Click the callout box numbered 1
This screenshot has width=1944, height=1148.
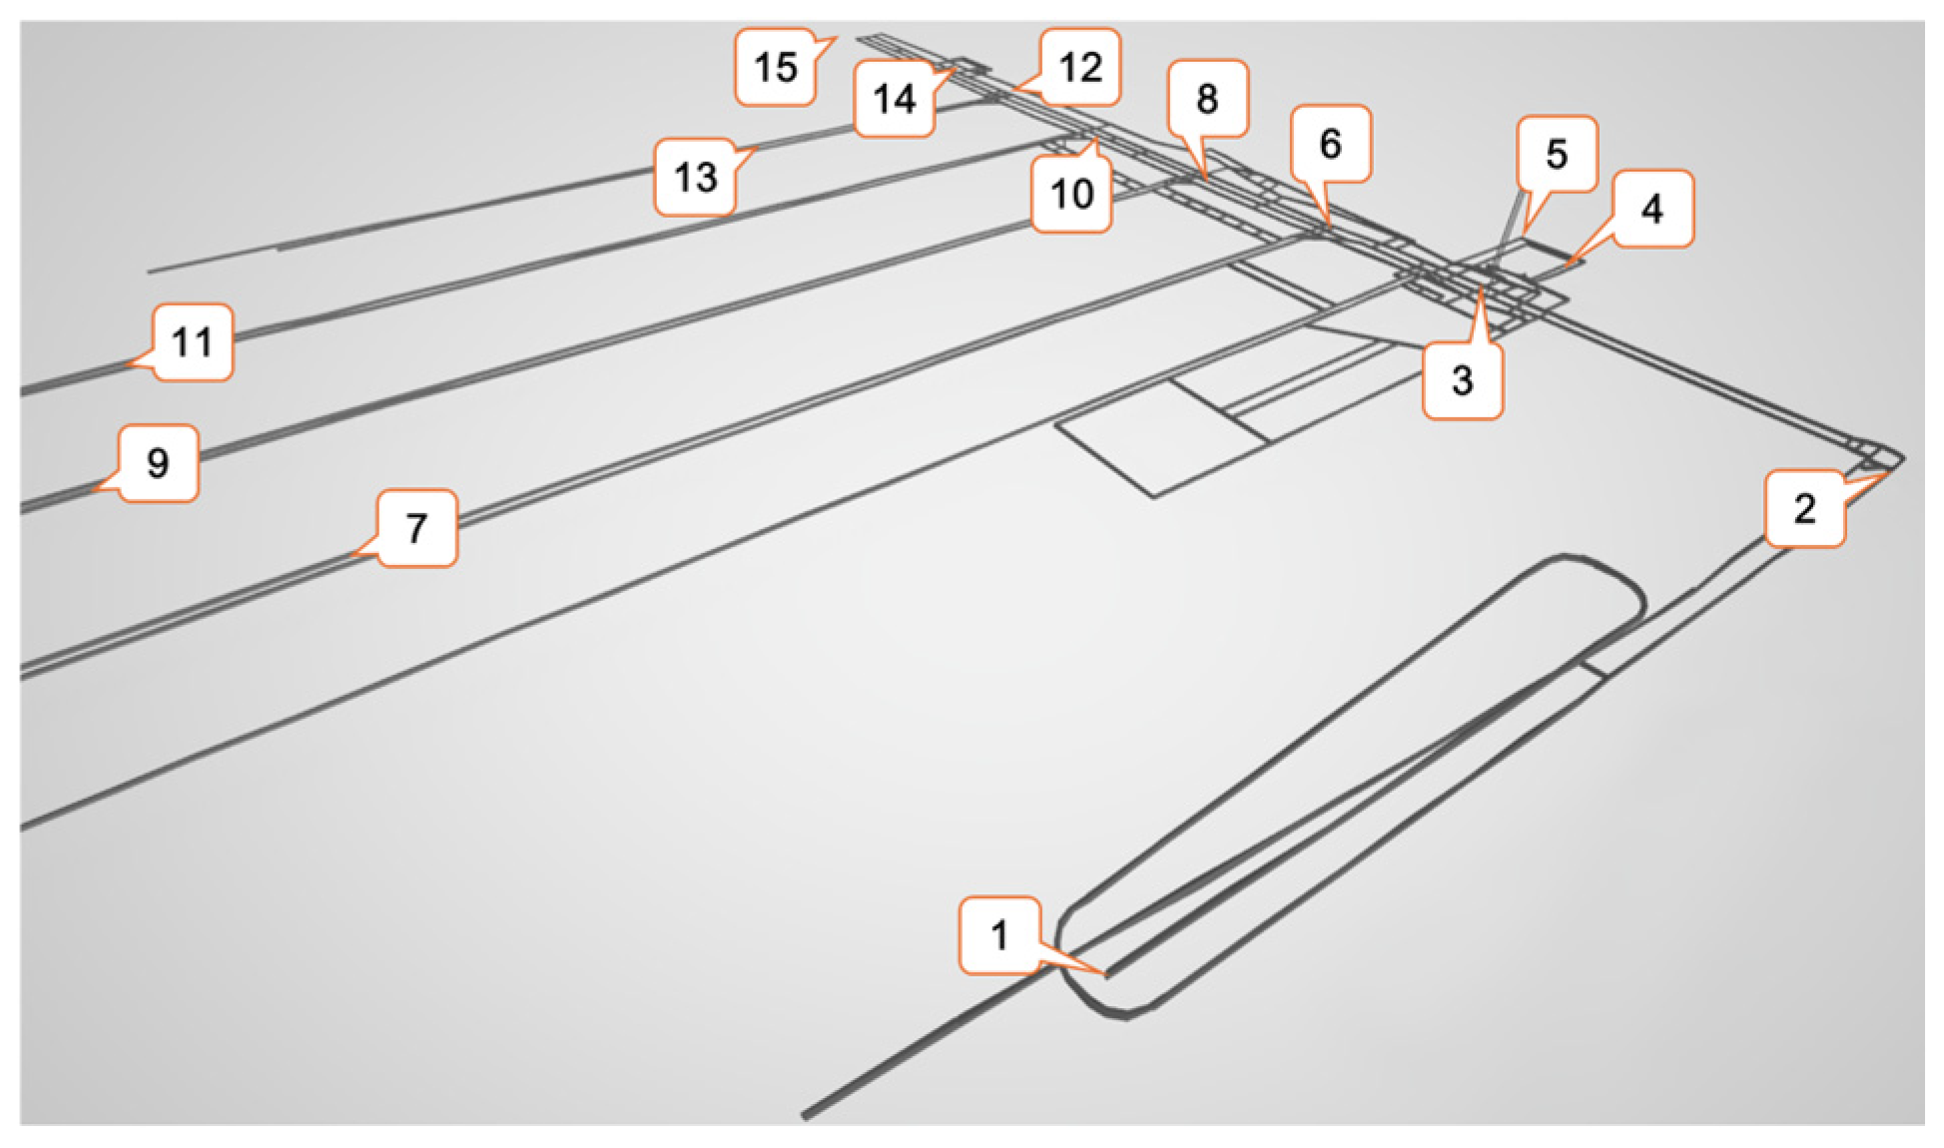pos(999,935)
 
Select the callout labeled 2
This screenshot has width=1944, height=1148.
pos(1804,509)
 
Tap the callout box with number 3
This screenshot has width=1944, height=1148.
pos(1462,379)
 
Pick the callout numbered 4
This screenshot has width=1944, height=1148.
pos(1652,209)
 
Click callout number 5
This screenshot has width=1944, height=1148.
pos(1557,154)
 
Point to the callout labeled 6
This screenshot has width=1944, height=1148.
pos(1330,145)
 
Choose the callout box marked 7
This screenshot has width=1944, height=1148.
pos(416,527)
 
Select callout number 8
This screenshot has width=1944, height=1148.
pos(1207,99)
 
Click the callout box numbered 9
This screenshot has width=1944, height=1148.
pos(158,463)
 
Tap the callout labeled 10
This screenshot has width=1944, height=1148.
pos(1071,194)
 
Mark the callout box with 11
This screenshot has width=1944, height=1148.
pos(193,342)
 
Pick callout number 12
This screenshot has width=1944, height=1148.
pos(1079,67)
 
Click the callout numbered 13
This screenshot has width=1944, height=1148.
pos(695,178)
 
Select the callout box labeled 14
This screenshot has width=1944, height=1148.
pos(894,98)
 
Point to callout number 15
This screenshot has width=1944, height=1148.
pos(776,67)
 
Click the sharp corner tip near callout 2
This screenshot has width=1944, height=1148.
pos(1903,458)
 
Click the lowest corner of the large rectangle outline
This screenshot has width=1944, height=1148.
pos(1154,496)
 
